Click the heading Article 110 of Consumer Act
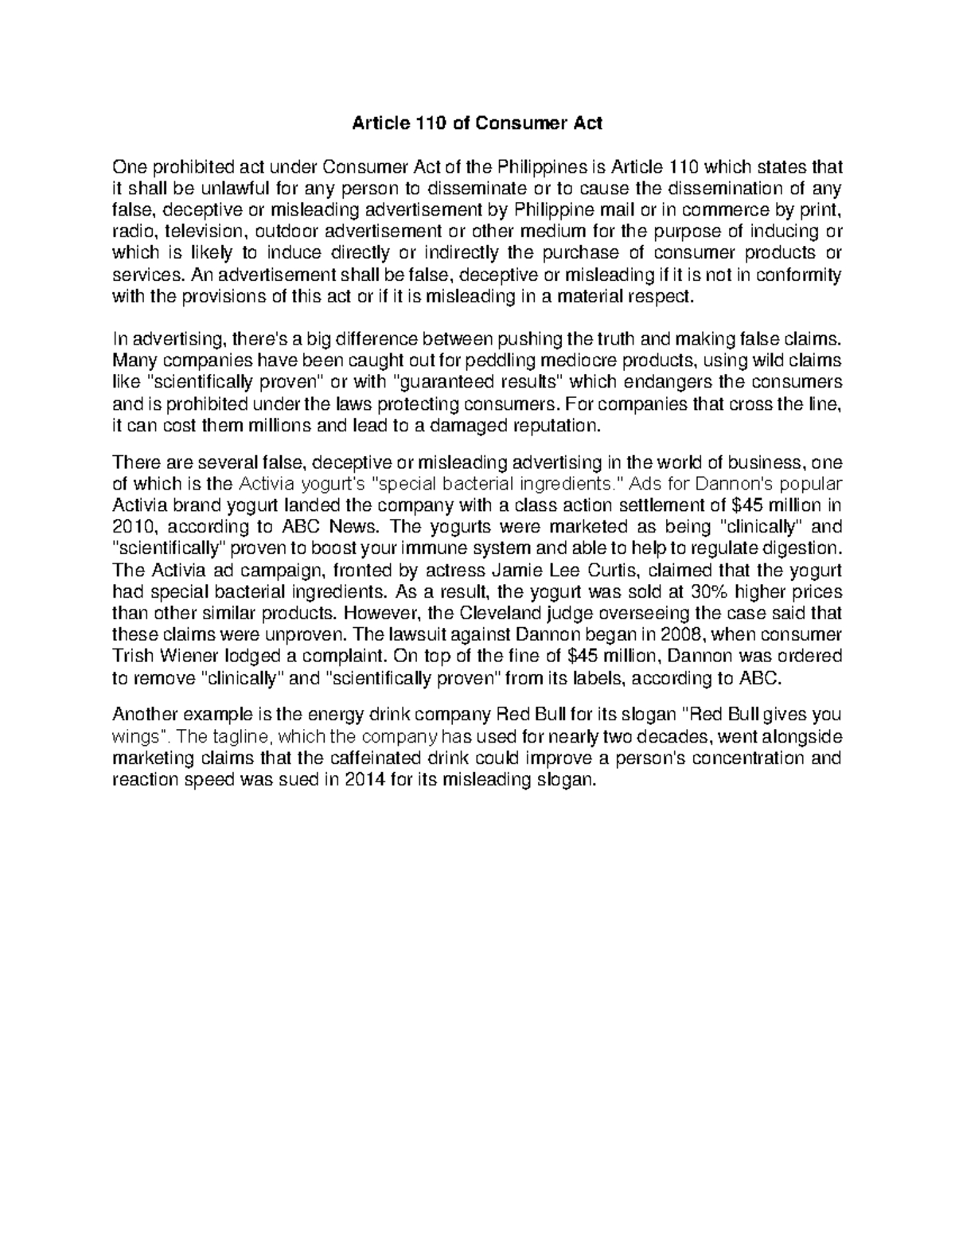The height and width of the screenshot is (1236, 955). pos(477,123)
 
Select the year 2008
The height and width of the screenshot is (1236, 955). pos(673,635)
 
